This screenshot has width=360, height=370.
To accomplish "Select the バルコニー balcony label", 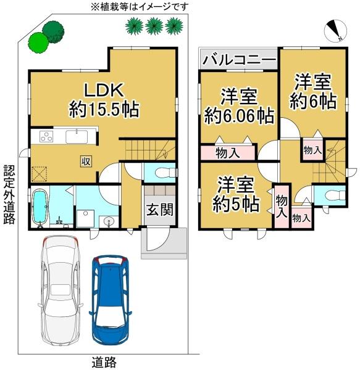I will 239,61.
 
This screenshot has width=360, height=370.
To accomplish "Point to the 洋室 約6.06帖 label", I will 240,105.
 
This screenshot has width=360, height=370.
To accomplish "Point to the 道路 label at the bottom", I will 103,362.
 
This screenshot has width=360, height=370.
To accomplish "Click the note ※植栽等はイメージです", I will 140,7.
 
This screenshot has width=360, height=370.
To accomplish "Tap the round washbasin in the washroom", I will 110,220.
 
